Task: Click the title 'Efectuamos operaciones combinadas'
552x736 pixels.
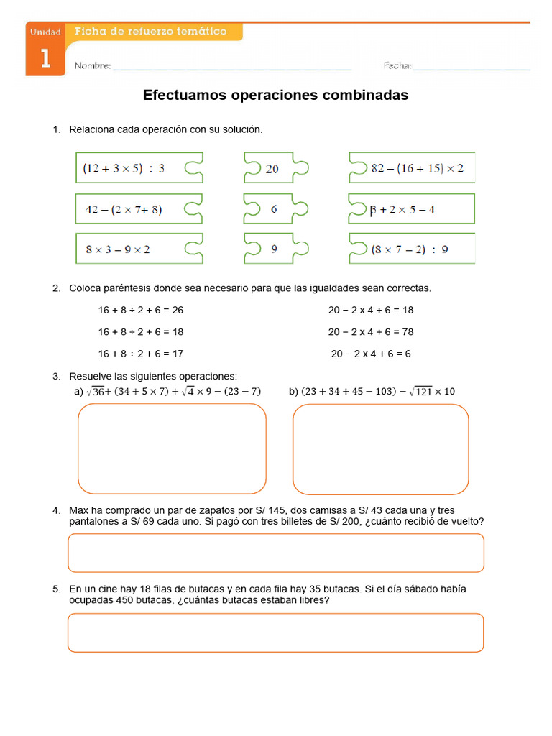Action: point(275,95)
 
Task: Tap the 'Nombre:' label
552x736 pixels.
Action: point(93,66)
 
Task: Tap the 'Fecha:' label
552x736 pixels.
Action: point(397,66)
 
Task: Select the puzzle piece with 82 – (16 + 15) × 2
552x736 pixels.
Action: point(413,168)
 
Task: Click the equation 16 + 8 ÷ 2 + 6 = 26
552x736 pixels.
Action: point(141,310)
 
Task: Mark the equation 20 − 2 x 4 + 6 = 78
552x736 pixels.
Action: point(371,332)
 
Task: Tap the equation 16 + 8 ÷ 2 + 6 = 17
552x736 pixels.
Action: point(141,354)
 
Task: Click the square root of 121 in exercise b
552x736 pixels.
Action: point(422,391)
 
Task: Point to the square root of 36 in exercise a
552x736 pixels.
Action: point(96,391)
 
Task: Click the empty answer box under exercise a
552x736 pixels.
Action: point(172,448)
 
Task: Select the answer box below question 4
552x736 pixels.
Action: point(275,553)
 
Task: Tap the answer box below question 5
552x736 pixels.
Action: point(275,632)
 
